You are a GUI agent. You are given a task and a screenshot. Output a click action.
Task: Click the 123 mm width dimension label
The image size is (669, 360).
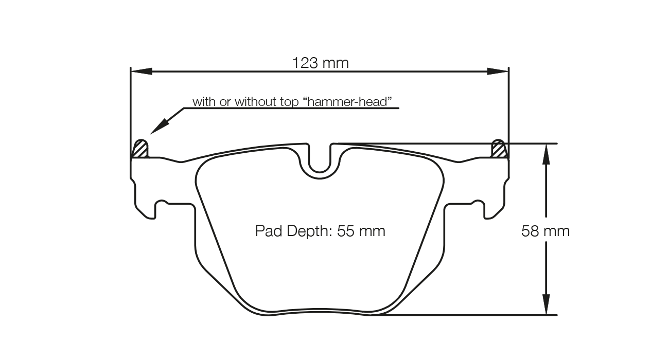click(320, 63)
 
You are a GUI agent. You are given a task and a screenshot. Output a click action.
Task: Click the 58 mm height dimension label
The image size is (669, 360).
click(545, 231)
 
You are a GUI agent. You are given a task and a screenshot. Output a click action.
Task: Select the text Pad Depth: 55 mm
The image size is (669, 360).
click(320, 231)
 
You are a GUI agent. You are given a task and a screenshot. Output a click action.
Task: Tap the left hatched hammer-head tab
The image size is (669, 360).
click(140, 149)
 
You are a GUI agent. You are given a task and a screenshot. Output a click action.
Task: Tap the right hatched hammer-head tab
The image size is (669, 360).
click(498, 149)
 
